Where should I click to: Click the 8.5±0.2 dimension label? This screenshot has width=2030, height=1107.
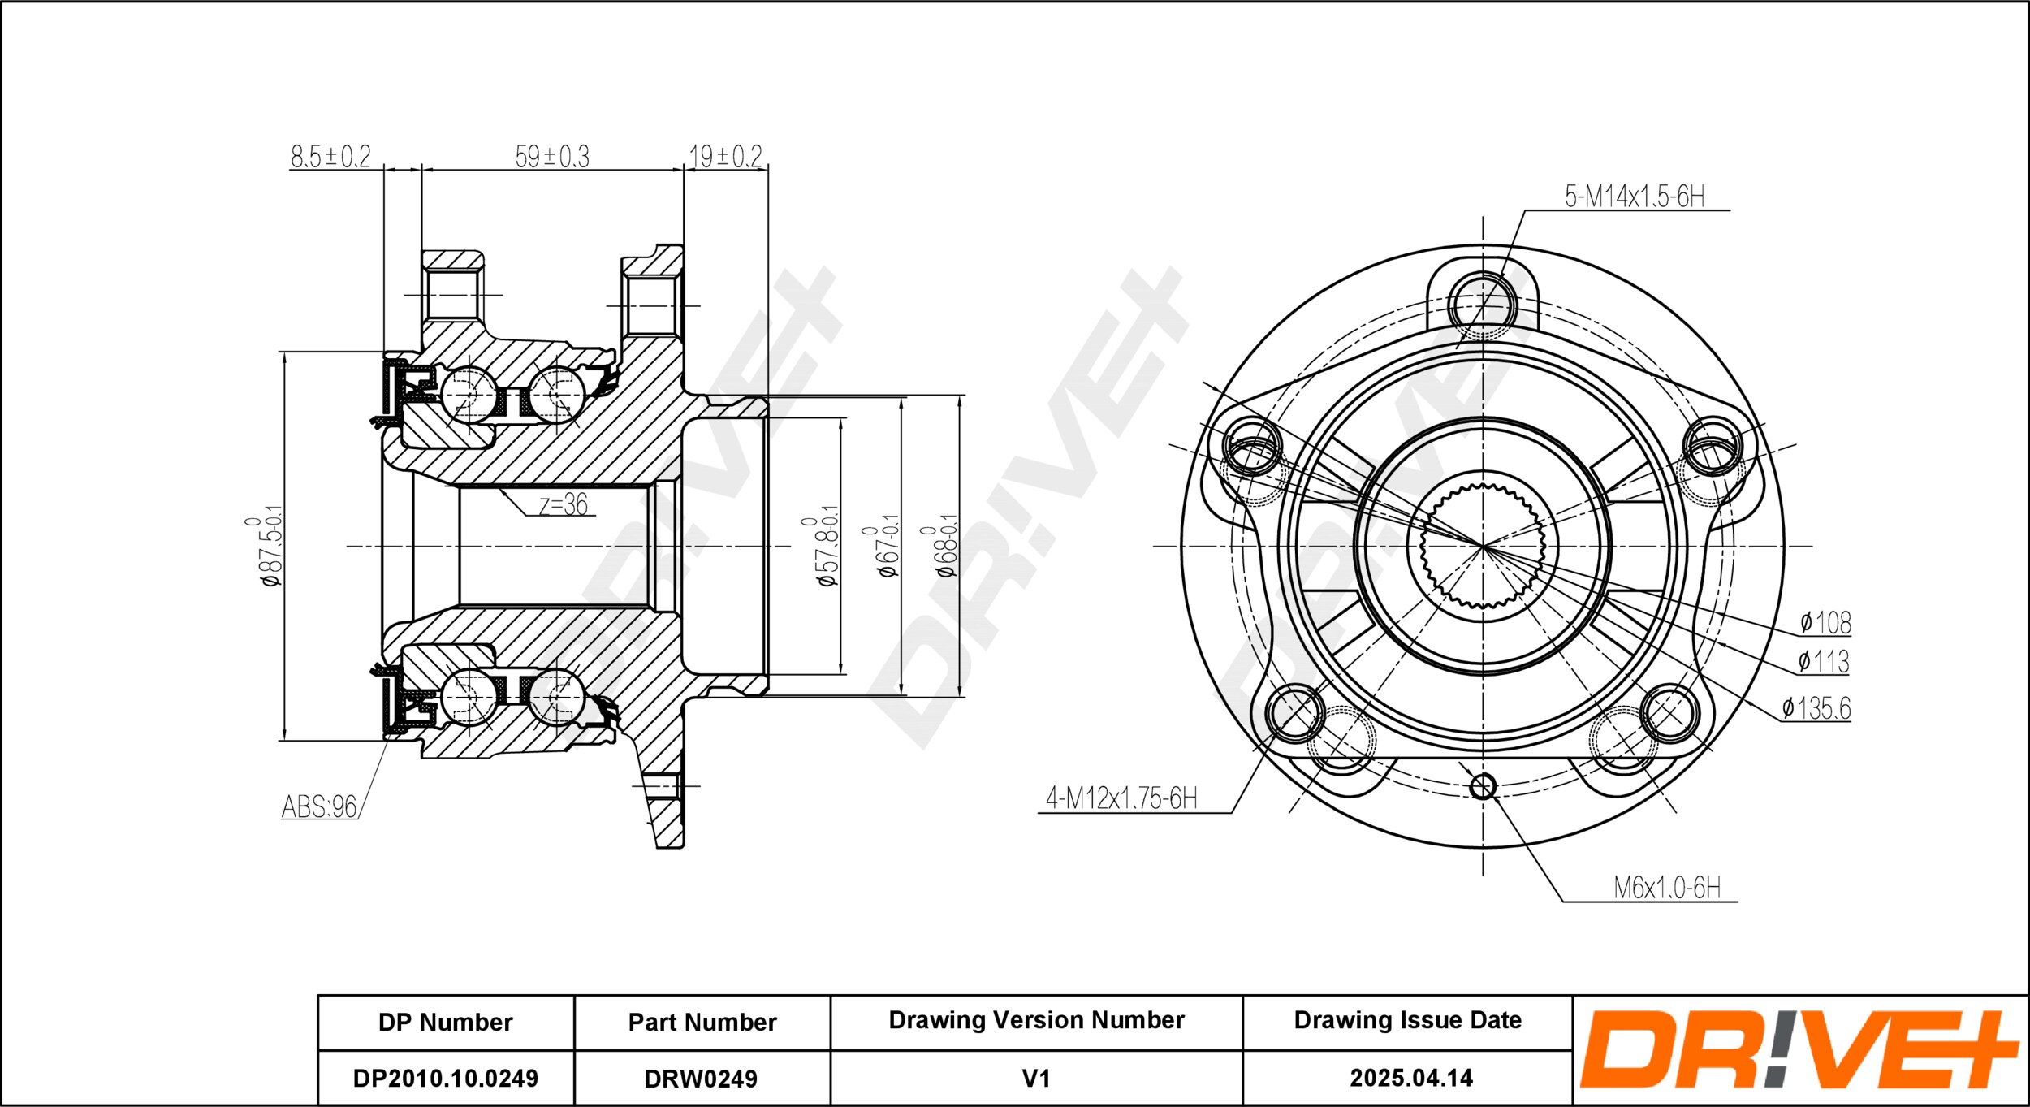tap(330, 156)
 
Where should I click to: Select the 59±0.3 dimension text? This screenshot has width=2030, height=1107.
tap(552, 156)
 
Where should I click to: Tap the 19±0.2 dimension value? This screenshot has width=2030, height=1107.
tap(726, 156)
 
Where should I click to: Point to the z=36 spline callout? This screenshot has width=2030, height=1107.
tap(564, 504)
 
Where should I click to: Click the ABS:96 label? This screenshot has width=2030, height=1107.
tap(319, 806)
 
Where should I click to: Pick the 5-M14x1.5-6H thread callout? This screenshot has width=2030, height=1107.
tap(1635, 197)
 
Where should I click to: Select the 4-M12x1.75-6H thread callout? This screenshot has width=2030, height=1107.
tap(1121, 798)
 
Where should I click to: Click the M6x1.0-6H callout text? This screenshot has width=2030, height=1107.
tap(1667, 888)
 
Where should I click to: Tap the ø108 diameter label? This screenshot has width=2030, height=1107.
tap(1825, 623)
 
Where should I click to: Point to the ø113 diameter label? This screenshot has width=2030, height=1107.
tap(1824, 662)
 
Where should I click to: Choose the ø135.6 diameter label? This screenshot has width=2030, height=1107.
tap(1816, 708)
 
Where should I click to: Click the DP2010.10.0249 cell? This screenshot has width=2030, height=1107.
tap(446, 1079)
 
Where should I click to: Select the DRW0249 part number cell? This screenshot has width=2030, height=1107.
tap(701, 1079)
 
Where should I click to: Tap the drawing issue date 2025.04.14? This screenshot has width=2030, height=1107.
tap(1411, 1078)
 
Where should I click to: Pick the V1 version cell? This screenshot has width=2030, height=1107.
tap(1036, 1079)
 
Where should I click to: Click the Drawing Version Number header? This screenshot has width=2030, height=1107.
tap(1037, 1020)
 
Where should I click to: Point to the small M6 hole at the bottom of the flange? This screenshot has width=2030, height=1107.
tap(1483, 786)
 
